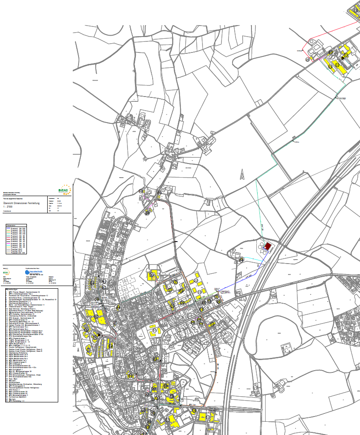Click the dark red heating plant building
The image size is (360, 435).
tap(268, 246)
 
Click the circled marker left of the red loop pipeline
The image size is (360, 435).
tap(307, 59)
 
